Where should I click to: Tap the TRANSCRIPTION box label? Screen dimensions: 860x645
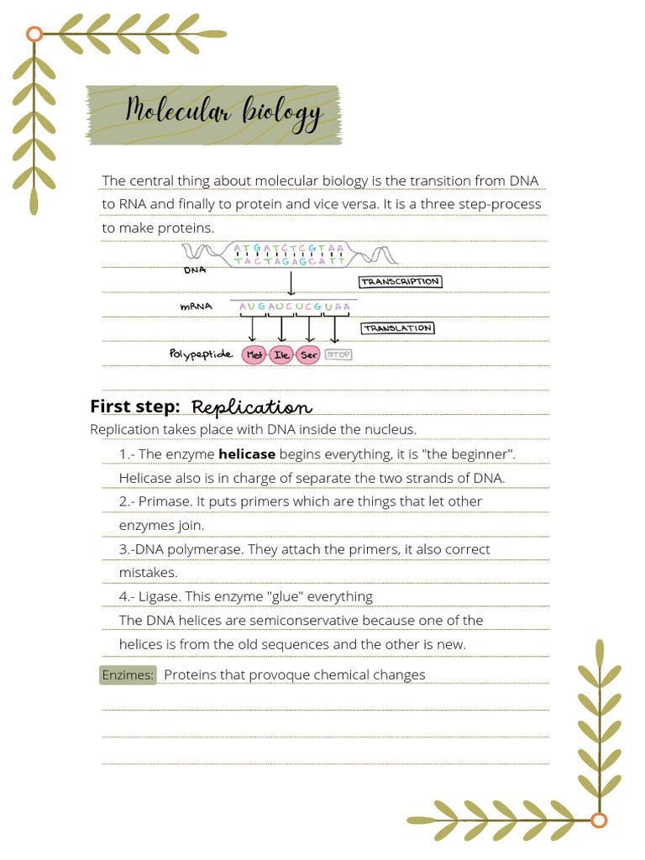pyautogui.click(x=400, y=282)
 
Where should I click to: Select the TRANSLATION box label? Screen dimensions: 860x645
pyautogui.click(x=398, y=328)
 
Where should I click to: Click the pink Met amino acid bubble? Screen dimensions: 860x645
pyautogui.click(x=254, y=355)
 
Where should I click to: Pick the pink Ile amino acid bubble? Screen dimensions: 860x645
pyautogui.click(x=282, y=355)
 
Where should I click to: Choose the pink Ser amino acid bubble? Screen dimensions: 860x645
pyautogui.click(x=309, y=355)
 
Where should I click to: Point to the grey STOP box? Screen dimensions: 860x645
pyautogui.click(x=338, y=355)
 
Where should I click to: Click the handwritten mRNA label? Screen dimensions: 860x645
pyautogui.click(x=196, y=307)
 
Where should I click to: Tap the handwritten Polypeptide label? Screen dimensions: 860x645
pyautogui.click(x=201, y=354)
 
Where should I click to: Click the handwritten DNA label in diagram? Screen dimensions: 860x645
pyautogui.click(x=195, y=270)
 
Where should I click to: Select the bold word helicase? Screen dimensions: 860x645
pyautogui.click(x=247, y=454)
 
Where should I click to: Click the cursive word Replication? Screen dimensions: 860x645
pyautogui.click(x=252, y=407)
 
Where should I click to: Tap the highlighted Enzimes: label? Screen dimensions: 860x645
pyautogui.click(x=128, y=675)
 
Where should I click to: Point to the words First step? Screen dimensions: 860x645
pyautogui.click(x=135, y=406)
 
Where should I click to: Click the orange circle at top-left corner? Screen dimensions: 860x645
pyautogui.click(x=34, y=34)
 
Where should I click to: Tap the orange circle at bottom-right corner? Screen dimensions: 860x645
pyautogui.click(x=599, y=821)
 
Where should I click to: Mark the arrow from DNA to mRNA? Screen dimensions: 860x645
pyautogui.click(x=291, y=284)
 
